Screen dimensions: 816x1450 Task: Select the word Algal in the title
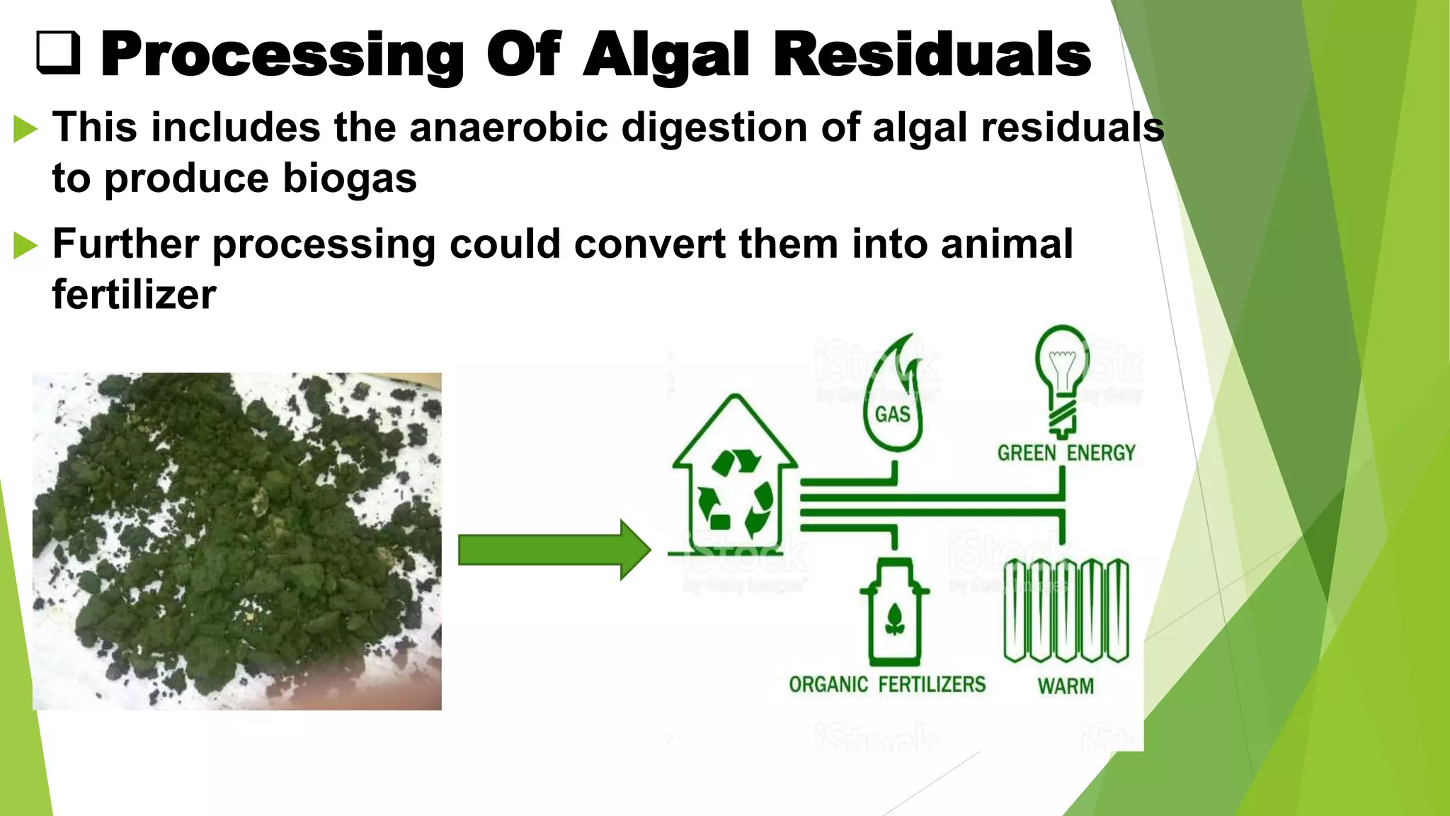pos(666,55)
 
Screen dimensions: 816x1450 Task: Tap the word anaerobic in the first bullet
pos(508,127)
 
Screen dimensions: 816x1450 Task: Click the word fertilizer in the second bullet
pos(134,295)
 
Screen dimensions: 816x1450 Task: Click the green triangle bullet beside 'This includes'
pos(25,130)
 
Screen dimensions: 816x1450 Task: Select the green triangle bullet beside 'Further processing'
pos(25,246)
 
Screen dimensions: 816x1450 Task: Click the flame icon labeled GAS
pos(893,397)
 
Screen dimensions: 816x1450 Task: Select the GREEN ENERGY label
pos(1066,453)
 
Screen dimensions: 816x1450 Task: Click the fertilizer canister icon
pos(894,613)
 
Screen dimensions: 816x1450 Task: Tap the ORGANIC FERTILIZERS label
pos(887,684)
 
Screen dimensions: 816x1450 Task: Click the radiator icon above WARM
pos(1066,611)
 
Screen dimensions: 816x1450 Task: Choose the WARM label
pos(1066,686)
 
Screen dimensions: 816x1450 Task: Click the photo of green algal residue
pos(236,541)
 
